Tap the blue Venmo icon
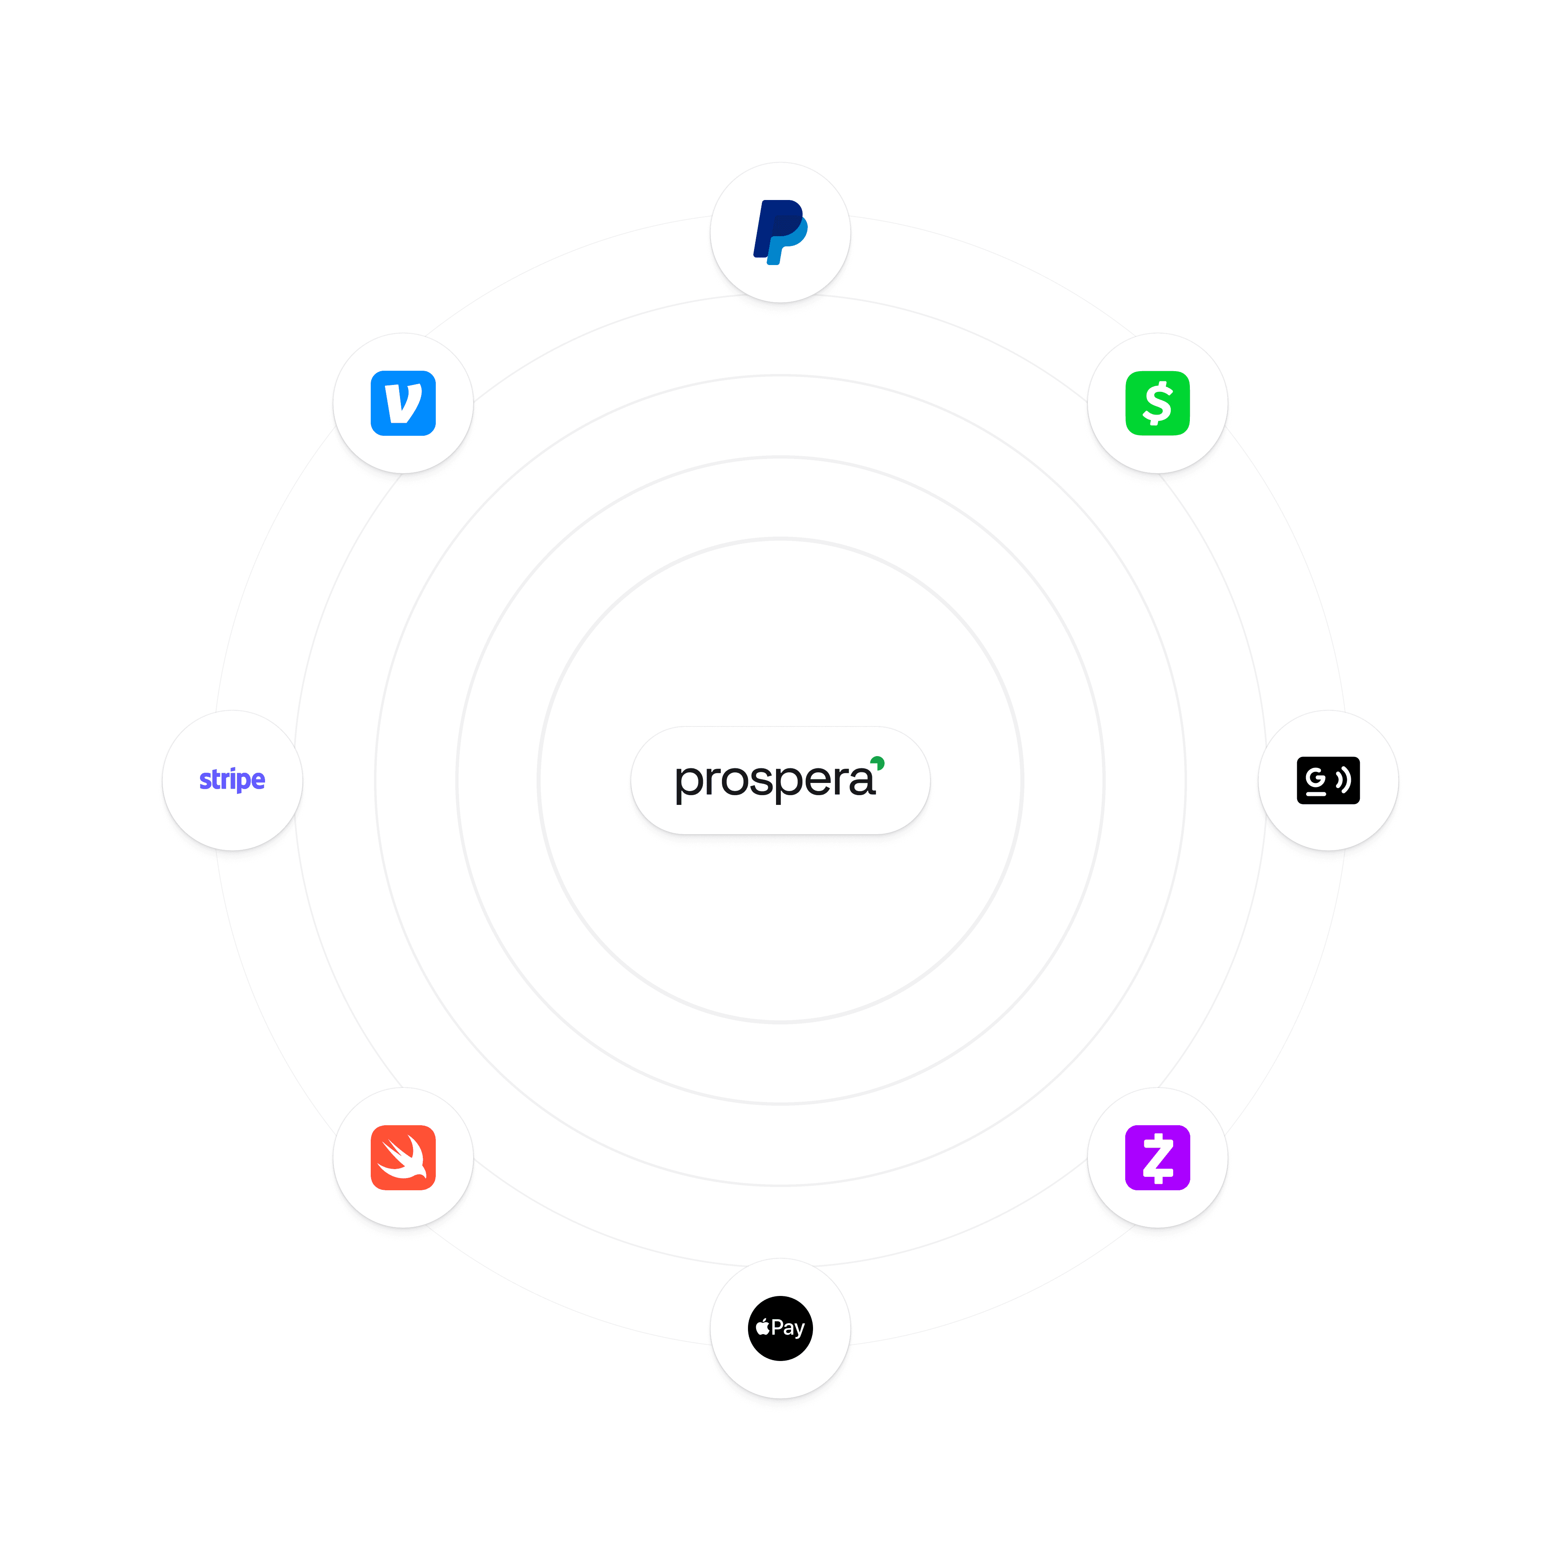tap(403, 403)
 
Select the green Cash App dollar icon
tap(1157, 403)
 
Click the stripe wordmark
tap(232, 780)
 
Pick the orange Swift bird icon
tap(403, 1157)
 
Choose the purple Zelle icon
tap(1157, 1157)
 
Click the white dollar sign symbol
tap(1157, 403)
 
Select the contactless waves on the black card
tap(1343, 780)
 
